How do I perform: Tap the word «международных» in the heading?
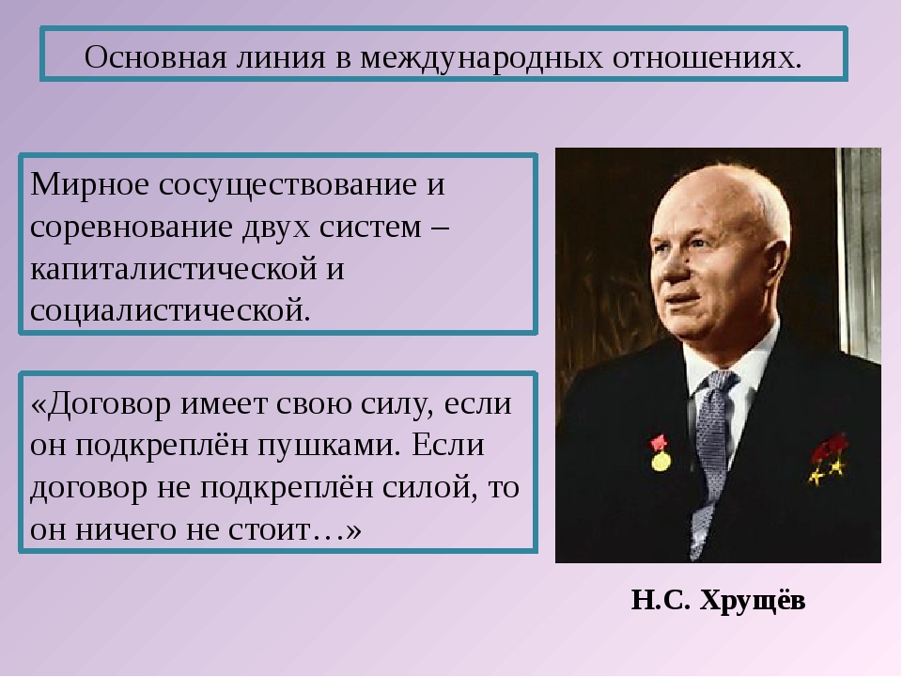pyautogui.click(x=481, y=58)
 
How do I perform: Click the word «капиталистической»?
pyautogui.click(x=174, y=270)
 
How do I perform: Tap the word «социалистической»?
pyautogui.click(x=170, y=311)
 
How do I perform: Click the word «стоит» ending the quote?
pyautogui.click(x=270, y=530)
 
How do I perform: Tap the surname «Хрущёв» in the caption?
pyautogui.click(x=753, y=601)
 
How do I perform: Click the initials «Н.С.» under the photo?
pyautogui.click(x=661, y=601)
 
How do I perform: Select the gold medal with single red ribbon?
pyautogui.click(x=661, y=453)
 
